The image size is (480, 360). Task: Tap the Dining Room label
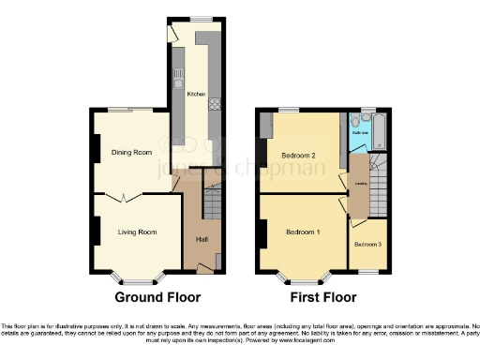tap(131, 152)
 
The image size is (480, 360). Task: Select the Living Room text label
tap(137, 232)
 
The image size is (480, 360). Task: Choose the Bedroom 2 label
tap(297, 155)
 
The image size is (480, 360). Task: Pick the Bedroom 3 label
tap(367, 244)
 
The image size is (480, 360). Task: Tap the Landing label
tap(360, 184)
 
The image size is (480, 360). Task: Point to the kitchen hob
tap(214, 104)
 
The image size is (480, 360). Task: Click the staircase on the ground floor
tap(212, 201)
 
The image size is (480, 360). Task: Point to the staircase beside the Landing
tap(377, 183)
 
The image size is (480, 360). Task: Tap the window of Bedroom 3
tap(367, 271)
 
